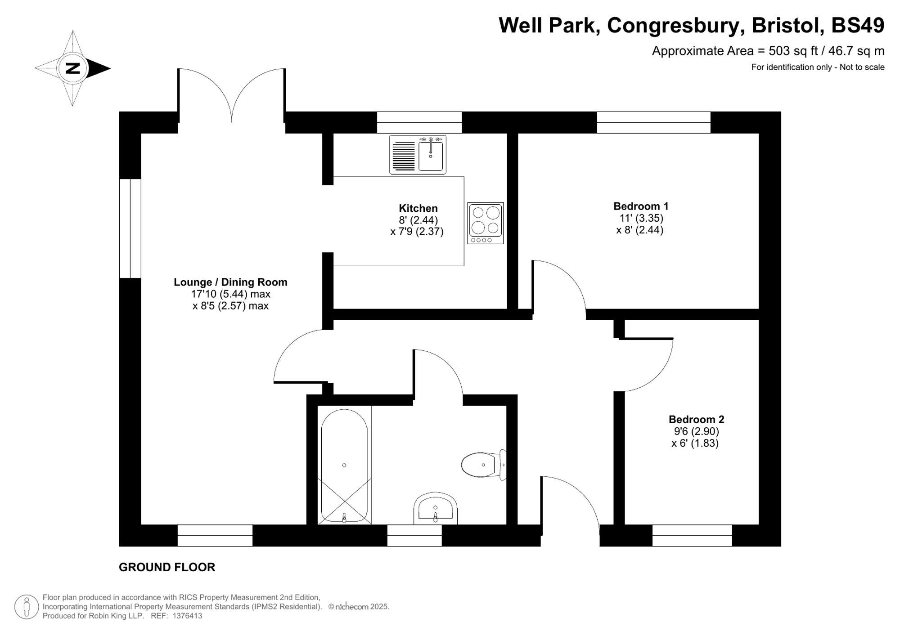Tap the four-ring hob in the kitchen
pos(485,223)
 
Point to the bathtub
pos(344,465)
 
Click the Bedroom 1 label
pos(641,206)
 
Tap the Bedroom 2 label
pos(696,420)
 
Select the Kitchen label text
pos(418,208)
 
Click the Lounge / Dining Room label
pos(230,282)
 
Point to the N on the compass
pos(72,68)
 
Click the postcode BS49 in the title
pos(857,25)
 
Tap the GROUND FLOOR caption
pos(167,567)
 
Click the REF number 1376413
pos(187,616)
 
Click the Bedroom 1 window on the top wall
pos(653,122)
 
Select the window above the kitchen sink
pos(419,122)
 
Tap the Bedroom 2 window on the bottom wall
pos(692,535)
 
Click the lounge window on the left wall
pos(130,228)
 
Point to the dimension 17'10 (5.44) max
pos(230,294)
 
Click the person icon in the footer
pos(26,606)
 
